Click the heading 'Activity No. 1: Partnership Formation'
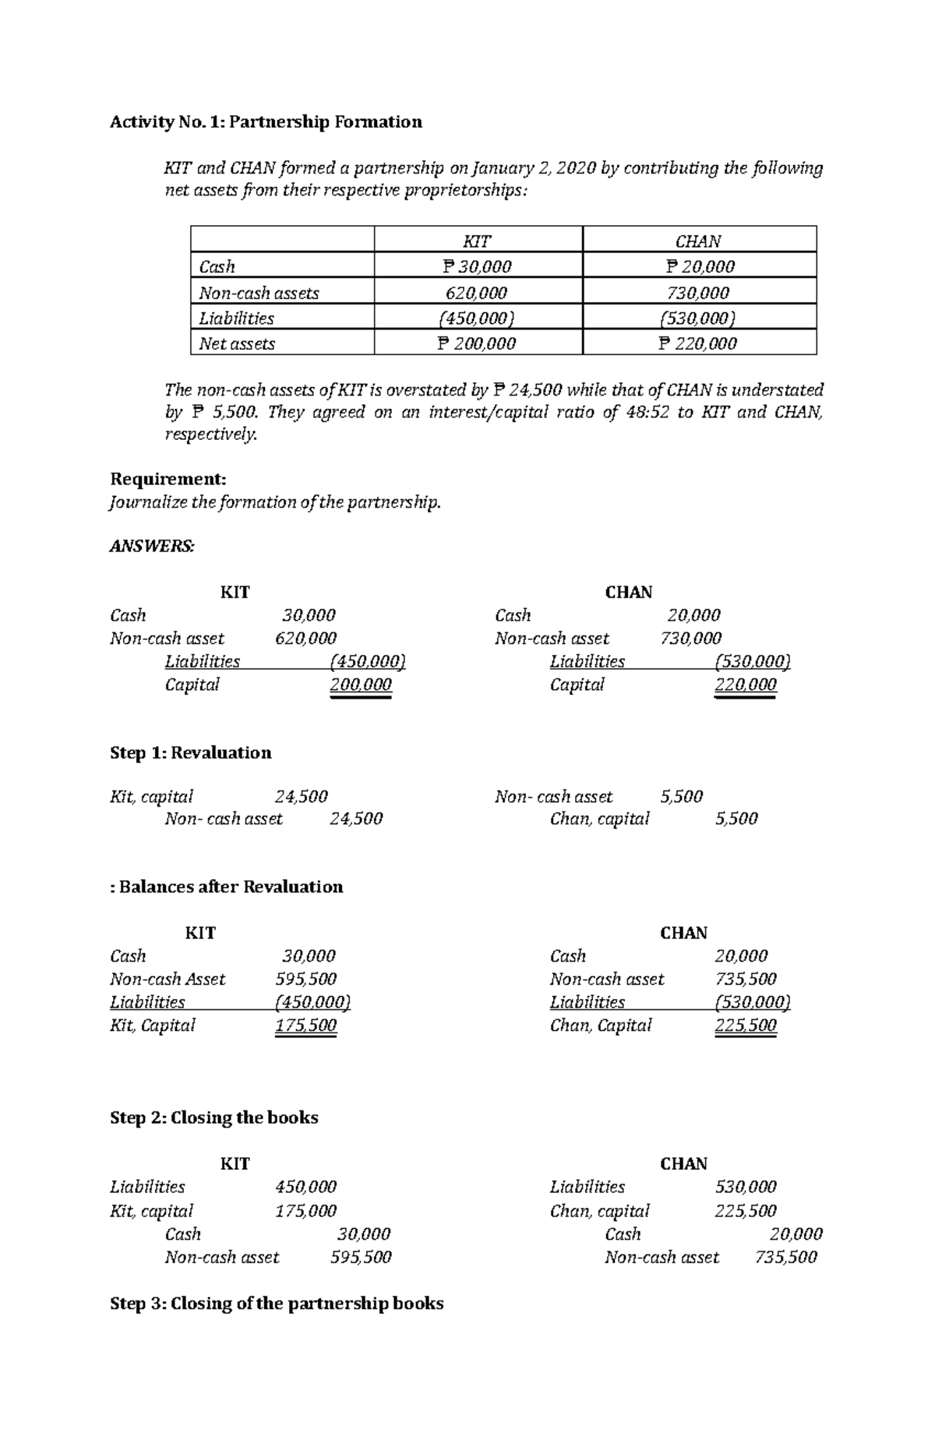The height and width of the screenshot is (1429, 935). pos(266,121)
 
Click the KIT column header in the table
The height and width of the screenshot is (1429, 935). pos(477,241)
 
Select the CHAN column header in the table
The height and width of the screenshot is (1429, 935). pos(698,241)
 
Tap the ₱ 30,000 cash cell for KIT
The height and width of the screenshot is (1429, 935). pos(477,267)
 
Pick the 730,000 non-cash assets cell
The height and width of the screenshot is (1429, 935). pos(698,293)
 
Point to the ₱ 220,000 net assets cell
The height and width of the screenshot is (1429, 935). pos(698,343)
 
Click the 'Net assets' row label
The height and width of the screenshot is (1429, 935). pos(237,343)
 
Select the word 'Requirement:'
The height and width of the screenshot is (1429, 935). pos(168,479)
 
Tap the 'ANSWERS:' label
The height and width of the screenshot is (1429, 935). pos(152,547)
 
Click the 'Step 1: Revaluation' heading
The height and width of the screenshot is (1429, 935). pos(191,753)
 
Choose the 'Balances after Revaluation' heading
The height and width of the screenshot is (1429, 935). pos(230,887)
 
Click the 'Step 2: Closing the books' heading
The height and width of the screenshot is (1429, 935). pos(214,1118)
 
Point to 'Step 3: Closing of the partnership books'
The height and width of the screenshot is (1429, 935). pos(277,1304)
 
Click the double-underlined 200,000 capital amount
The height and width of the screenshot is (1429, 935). pos(361,685)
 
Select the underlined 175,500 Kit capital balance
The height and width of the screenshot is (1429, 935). pos(305,1026)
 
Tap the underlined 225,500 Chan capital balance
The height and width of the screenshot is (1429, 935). pos(746,1026)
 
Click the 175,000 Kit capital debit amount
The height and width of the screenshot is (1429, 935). pos(305,1211)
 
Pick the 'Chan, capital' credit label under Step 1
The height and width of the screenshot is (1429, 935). pos(599,819)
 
